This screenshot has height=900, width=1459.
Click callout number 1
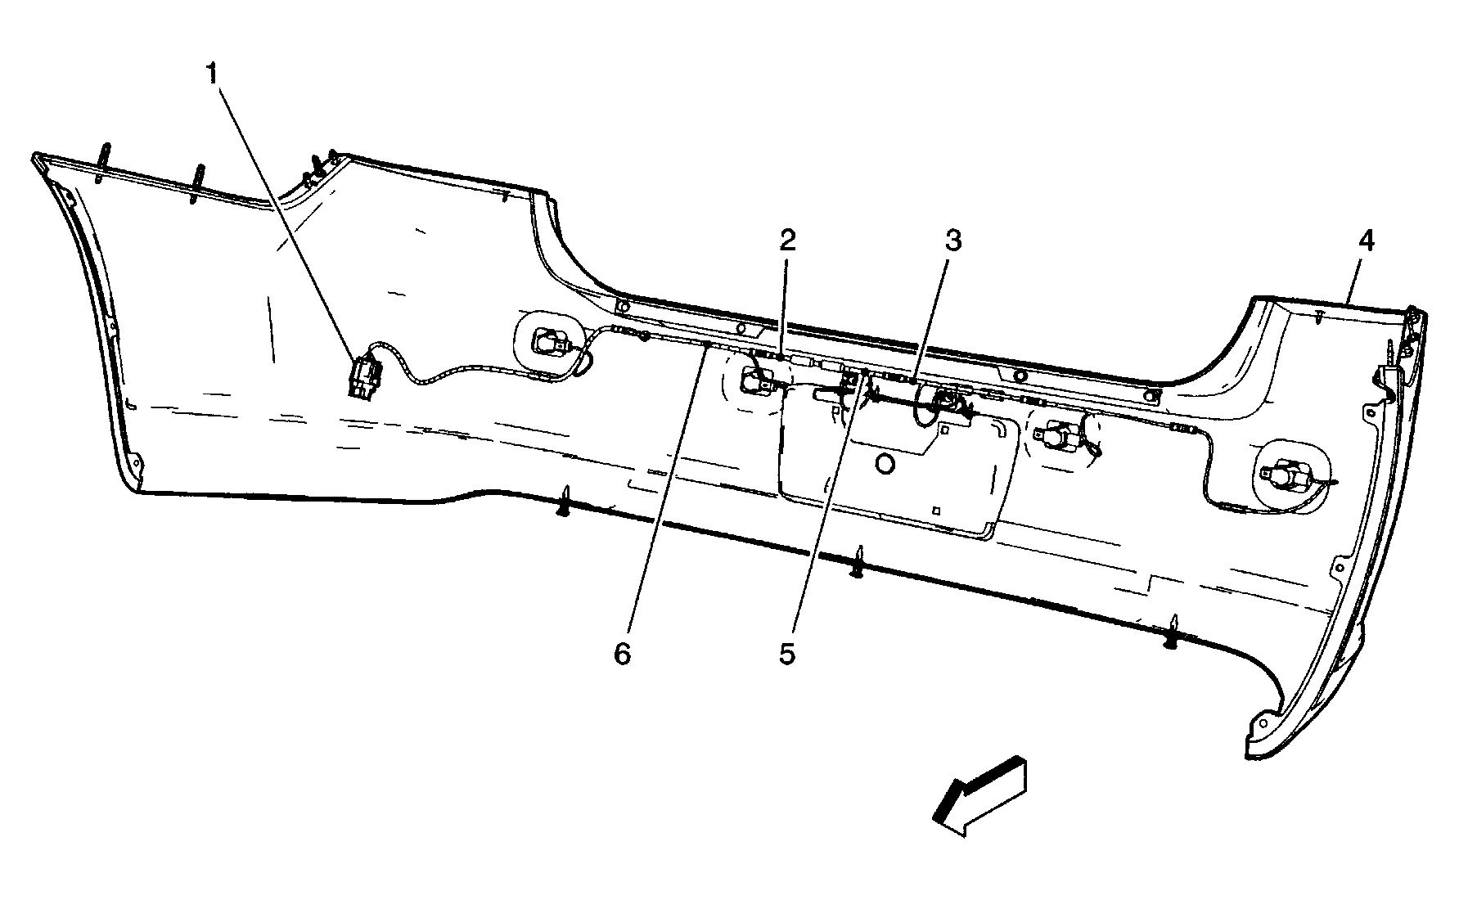click(x=212, y=74)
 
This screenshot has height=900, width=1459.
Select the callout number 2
click(x=786, y=240)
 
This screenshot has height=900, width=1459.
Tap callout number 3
click(x=952, y=241)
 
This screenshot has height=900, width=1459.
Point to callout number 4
click(x=1366, y=241)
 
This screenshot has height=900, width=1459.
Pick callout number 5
click(x=786, y=655)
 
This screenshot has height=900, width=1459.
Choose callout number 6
click(x=623, y=655)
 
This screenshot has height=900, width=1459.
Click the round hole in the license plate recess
click(x=885, y=464)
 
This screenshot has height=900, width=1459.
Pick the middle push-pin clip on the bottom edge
click(x=859, y=563)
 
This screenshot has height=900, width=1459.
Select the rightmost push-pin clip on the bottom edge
click(x=1173, y=632)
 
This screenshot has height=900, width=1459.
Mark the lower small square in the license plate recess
click(x=937, y=510)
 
